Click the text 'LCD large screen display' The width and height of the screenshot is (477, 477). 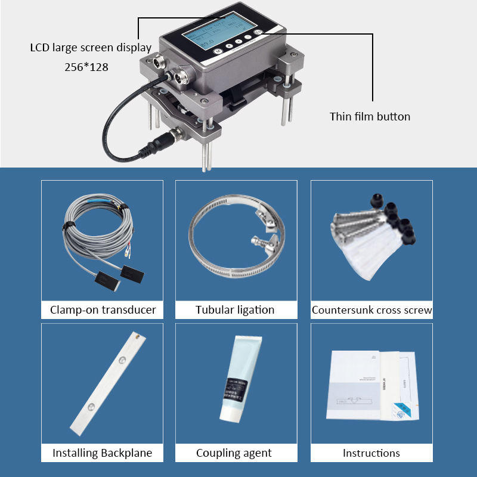click(x=91, y=48)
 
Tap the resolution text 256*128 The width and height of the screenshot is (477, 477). click(x=86, y=67)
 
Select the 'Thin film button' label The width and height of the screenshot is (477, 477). click(x=370, y=116)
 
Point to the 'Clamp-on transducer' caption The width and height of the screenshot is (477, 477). click(x=103, y=310)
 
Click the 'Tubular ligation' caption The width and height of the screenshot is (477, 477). click(x=235, y=310)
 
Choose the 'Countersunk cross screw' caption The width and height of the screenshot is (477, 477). click(x=371, y=310)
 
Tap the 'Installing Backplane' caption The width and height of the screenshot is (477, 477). click(x=103, y=453)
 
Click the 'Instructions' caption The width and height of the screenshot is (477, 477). click(x=371, y=453)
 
